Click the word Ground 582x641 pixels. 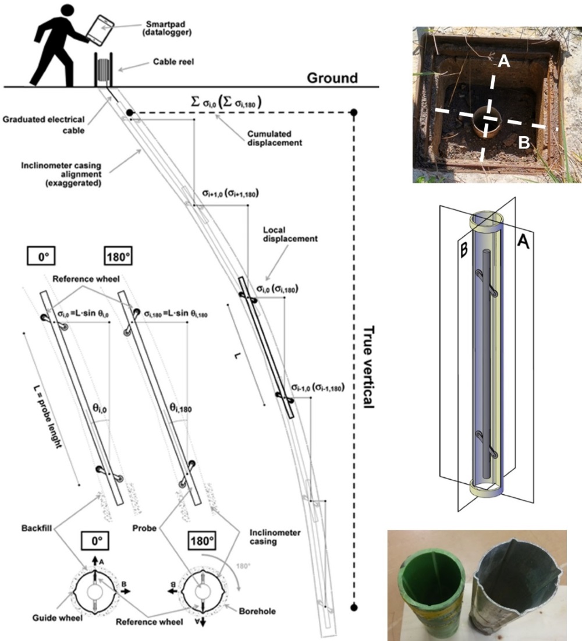[332, 77]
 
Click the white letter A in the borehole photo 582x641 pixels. [504, 65]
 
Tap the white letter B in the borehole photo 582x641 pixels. [524, 143]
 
